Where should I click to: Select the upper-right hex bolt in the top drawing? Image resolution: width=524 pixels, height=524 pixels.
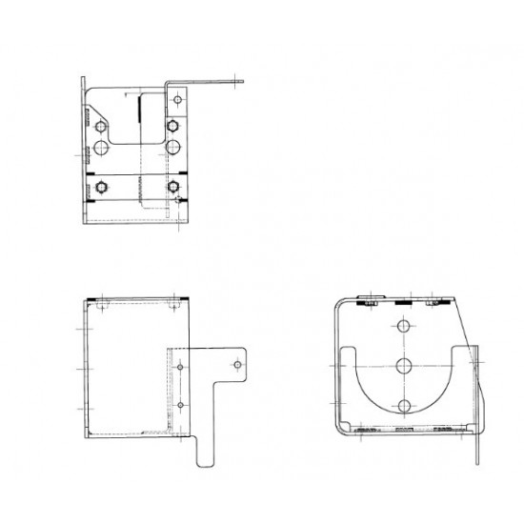172,125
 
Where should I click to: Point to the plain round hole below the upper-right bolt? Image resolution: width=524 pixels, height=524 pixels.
172,147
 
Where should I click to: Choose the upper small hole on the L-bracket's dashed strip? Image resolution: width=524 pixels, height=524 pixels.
179,366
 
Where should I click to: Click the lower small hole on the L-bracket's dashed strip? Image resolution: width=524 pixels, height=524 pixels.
179,407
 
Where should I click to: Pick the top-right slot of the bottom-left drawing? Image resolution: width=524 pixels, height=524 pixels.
177,307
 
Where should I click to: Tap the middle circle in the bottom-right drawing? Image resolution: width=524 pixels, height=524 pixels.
404,366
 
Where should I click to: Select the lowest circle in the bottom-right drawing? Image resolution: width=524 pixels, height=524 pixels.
404,407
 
